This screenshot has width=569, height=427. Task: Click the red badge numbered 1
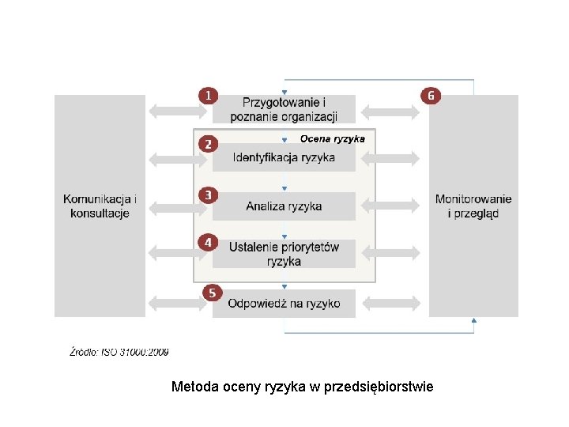[208, 95]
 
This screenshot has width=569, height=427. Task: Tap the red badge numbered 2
[208, 144]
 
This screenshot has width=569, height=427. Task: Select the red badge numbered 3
[208, 195]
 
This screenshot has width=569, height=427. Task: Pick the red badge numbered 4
[208, 243]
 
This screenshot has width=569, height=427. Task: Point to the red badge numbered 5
[211, 293]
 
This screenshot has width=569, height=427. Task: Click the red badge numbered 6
[431, 95]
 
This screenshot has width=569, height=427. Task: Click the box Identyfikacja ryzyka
[284, 157]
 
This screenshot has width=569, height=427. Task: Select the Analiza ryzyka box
[284, 206]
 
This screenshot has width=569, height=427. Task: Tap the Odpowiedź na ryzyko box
[284, 303]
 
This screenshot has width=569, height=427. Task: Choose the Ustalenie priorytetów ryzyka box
[284, 254]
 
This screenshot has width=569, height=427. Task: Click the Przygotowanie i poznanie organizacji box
[284, 109]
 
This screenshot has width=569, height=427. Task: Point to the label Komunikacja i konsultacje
[100, 206]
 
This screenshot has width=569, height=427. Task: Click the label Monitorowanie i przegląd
[473, 206]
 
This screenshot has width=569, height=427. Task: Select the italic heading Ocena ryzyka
[332, 138]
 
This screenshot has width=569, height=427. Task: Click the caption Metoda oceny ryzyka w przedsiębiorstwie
[303, 387]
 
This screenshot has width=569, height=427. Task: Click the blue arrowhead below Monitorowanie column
[473, 320]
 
